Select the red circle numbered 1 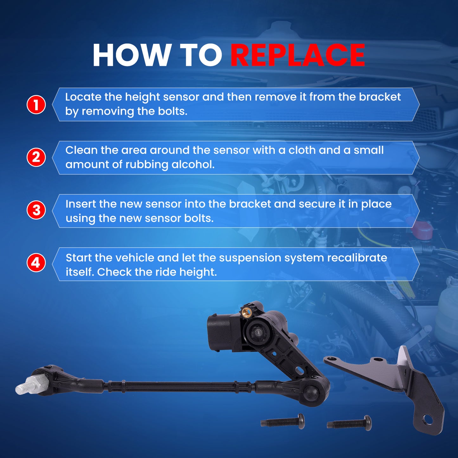tap(36, 105)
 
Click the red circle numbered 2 tap(36, 157)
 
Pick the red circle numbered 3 tap(36, 210)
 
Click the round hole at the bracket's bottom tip tap(428, 420)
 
